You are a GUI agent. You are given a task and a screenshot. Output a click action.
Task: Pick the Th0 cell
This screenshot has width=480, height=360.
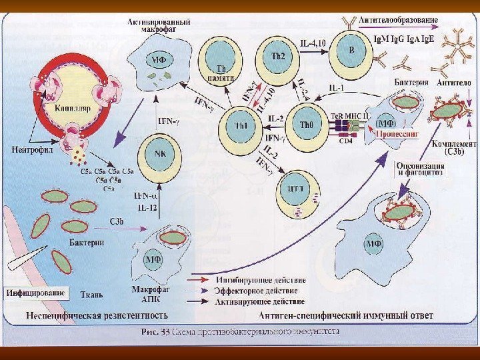coord(307,125)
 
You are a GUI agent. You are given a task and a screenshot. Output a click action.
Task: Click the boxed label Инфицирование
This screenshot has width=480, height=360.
coord(36,293)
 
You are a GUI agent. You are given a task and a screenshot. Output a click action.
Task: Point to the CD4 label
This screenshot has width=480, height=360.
coord(346,140)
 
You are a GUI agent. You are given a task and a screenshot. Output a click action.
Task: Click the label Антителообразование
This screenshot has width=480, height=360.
coord(398,20)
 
